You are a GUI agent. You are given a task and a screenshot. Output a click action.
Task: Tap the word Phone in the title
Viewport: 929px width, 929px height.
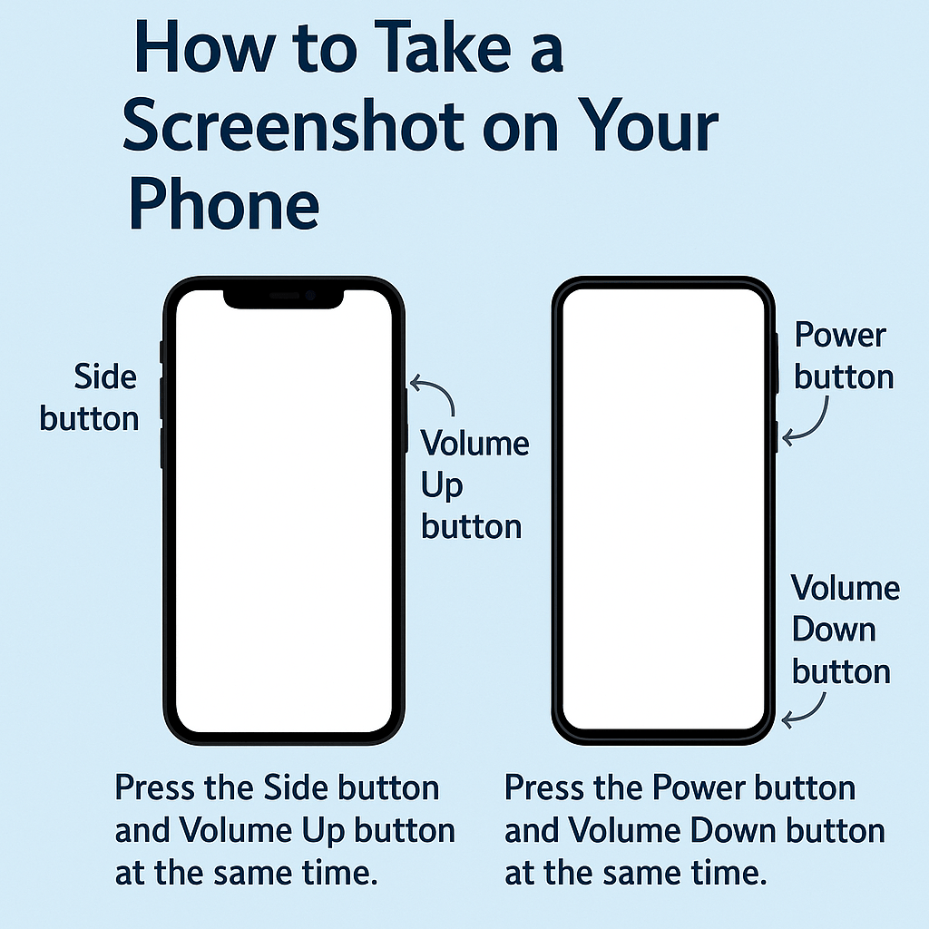tap(225, 204)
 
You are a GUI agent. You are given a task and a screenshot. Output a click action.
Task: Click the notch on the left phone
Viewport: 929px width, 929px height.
tap(283, 299)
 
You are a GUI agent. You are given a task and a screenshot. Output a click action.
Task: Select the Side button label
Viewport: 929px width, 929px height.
tap(89, 397)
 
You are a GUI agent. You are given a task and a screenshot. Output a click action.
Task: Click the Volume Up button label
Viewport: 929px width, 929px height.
tap(474, 484)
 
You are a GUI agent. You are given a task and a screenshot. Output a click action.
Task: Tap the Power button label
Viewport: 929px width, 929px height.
tap(844, 356)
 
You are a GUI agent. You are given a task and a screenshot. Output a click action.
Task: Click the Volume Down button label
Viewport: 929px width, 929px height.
tap(846, 630)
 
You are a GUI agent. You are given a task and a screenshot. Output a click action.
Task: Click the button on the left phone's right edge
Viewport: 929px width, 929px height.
tap(406, 421)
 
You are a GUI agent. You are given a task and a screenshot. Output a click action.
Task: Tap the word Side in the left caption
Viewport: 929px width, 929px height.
tap(296, 788)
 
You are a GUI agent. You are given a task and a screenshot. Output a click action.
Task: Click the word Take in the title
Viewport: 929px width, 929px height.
tap(443, 47)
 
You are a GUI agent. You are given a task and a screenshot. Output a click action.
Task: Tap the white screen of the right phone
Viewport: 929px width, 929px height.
tap(663, 509)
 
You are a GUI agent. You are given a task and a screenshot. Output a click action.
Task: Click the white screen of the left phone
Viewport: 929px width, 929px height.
tap(284, 515)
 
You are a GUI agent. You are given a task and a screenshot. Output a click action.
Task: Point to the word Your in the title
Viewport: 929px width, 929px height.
tap(649, 125)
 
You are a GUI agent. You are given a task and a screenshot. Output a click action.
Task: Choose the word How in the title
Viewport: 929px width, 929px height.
tap(204, 47)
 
